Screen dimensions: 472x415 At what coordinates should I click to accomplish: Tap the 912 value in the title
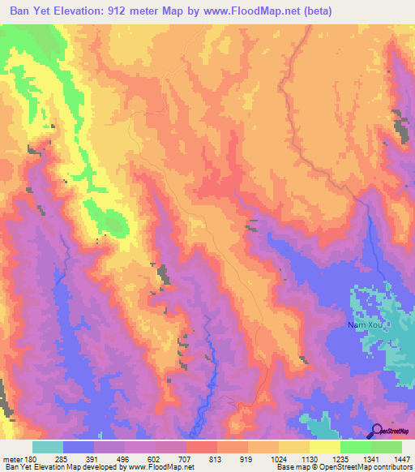[143, 12]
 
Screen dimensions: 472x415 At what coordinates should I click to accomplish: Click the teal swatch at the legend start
[48, 447]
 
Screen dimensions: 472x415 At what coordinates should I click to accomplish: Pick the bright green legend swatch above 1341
[355, 447]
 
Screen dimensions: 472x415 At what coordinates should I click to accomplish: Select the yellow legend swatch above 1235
[324, 447]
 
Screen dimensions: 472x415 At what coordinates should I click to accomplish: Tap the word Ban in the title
[24, 12]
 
